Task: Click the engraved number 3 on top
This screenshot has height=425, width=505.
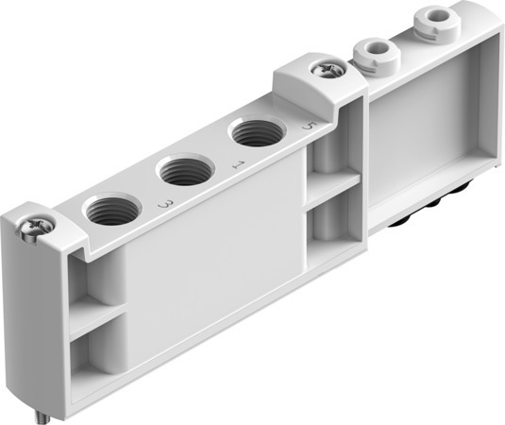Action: tap(165, 203)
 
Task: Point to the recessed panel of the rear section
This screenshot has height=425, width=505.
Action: tap(425, 123)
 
